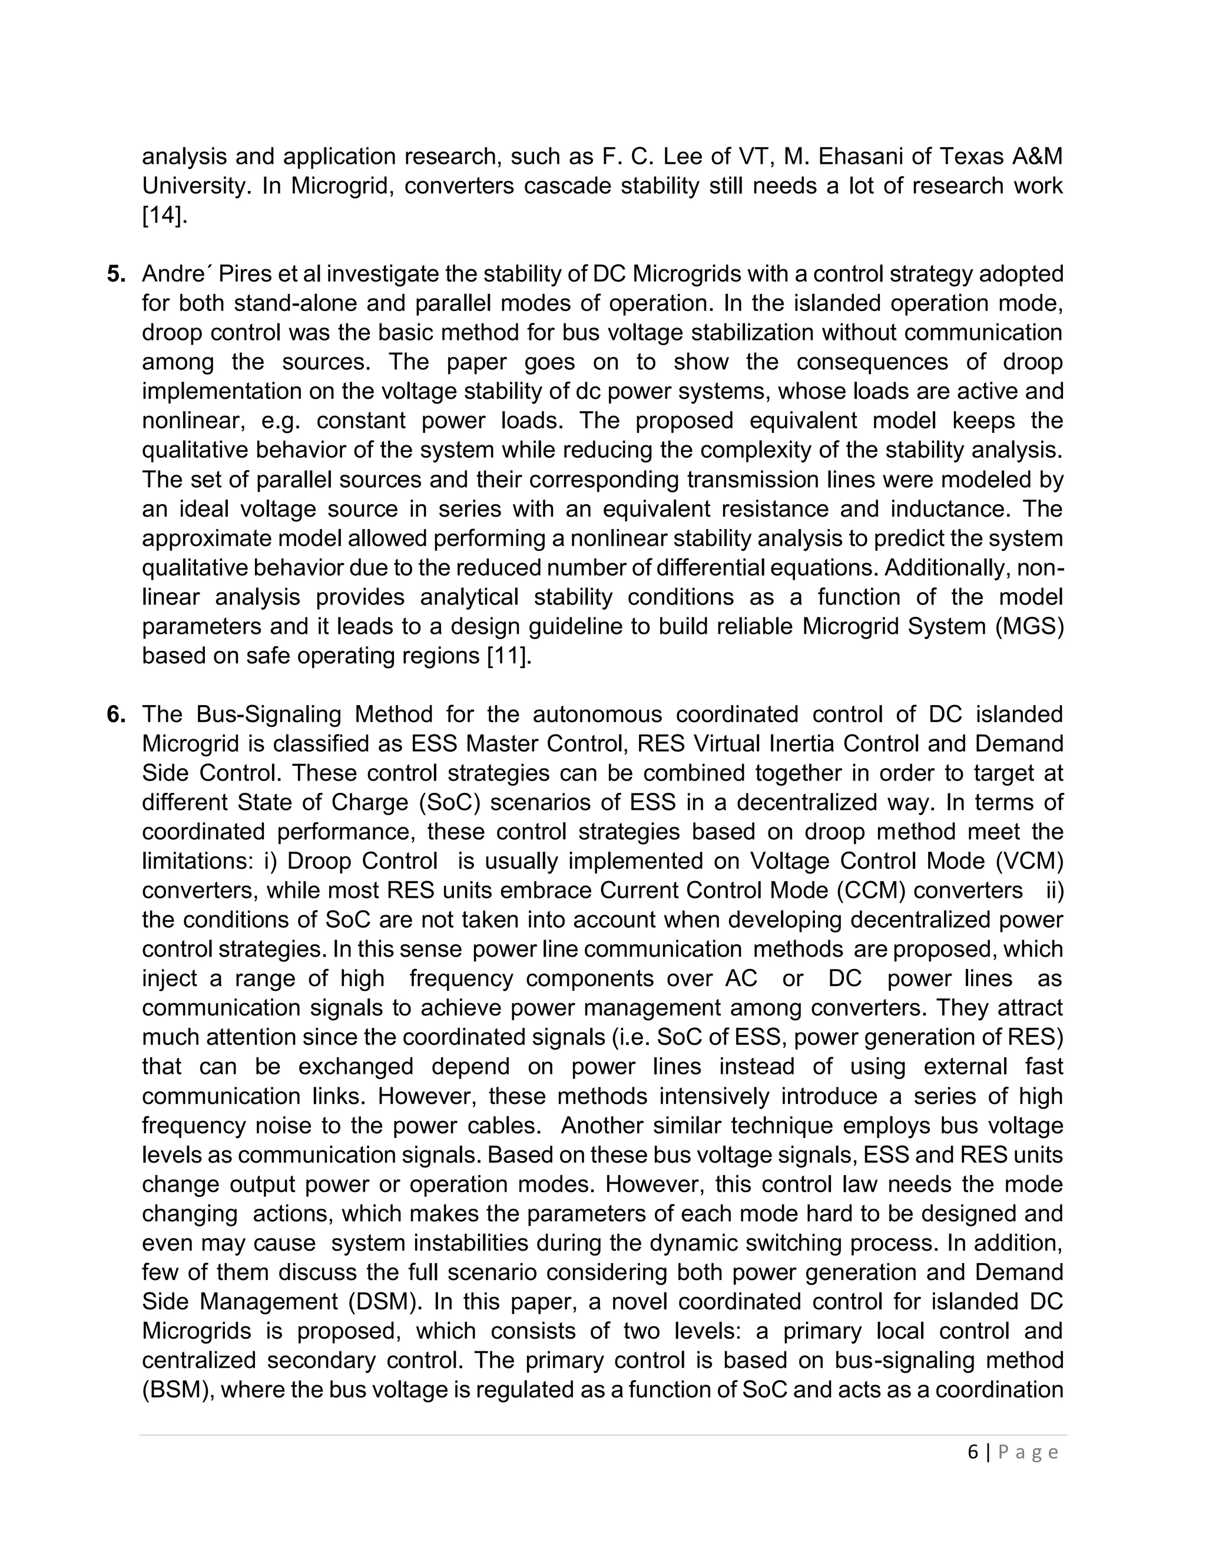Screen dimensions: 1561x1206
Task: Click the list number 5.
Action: [116, 275]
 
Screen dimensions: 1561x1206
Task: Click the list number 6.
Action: [116, 715]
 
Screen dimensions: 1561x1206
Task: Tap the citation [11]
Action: [509, 656]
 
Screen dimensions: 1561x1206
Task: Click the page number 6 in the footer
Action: [973, 1453]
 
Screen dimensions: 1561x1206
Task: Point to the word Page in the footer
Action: [1028, 1453]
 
